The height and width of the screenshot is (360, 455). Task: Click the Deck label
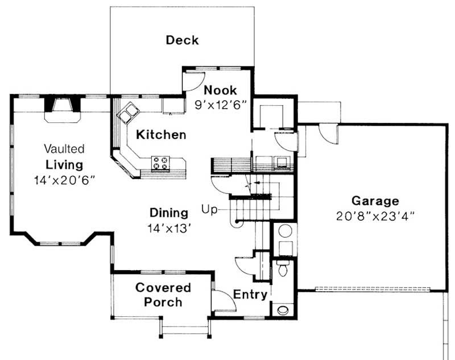tap(182, 40)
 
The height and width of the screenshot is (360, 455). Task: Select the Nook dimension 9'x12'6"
tap(221, 105)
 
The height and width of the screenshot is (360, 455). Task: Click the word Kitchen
tap(161, 135)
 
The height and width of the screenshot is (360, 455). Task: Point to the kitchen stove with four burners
tap(160, 163)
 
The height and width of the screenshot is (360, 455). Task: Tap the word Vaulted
tap(64, 149)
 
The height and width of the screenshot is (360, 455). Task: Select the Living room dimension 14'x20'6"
tap(64, 180)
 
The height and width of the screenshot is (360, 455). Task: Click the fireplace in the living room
tap(63, 110)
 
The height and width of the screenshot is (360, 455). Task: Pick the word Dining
tap(169, 213)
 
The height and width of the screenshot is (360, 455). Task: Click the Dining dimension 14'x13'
tap(169, 228)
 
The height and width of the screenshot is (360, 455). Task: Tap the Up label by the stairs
tap(209, 209)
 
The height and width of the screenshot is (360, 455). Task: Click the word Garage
tap(375, 201)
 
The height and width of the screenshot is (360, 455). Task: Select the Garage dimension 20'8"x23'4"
tap(375, 216)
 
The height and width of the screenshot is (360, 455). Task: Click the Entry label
tap(250, 295)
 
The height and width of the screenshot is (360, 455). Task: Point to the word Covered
tap(163, 288)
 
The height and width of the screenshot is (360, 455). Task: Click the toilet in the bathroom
tap(282, 268)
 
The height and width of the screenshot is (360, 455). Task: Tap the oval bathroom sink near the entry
tap(283, 310)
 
